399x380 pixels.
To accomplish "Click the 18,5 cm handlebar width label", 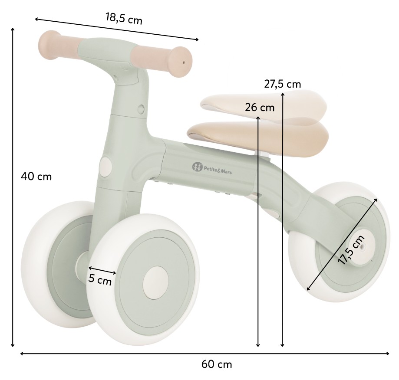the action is tap(124, 18).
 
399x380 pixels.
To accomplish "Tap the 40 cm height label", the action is tap(36, 176).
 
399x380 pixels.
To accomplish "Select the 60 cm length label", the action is tap(217, 364).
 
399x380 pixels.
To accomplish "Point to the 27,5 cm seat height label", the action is tap(283, 84).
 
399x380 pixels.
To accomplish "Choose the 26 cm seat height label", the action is tap(260, 108).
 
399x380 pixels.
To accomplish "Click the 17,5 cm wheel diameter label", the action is tap(351, 249).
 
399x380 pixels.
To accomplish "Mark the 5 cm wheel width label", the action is tap(100, 280).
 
